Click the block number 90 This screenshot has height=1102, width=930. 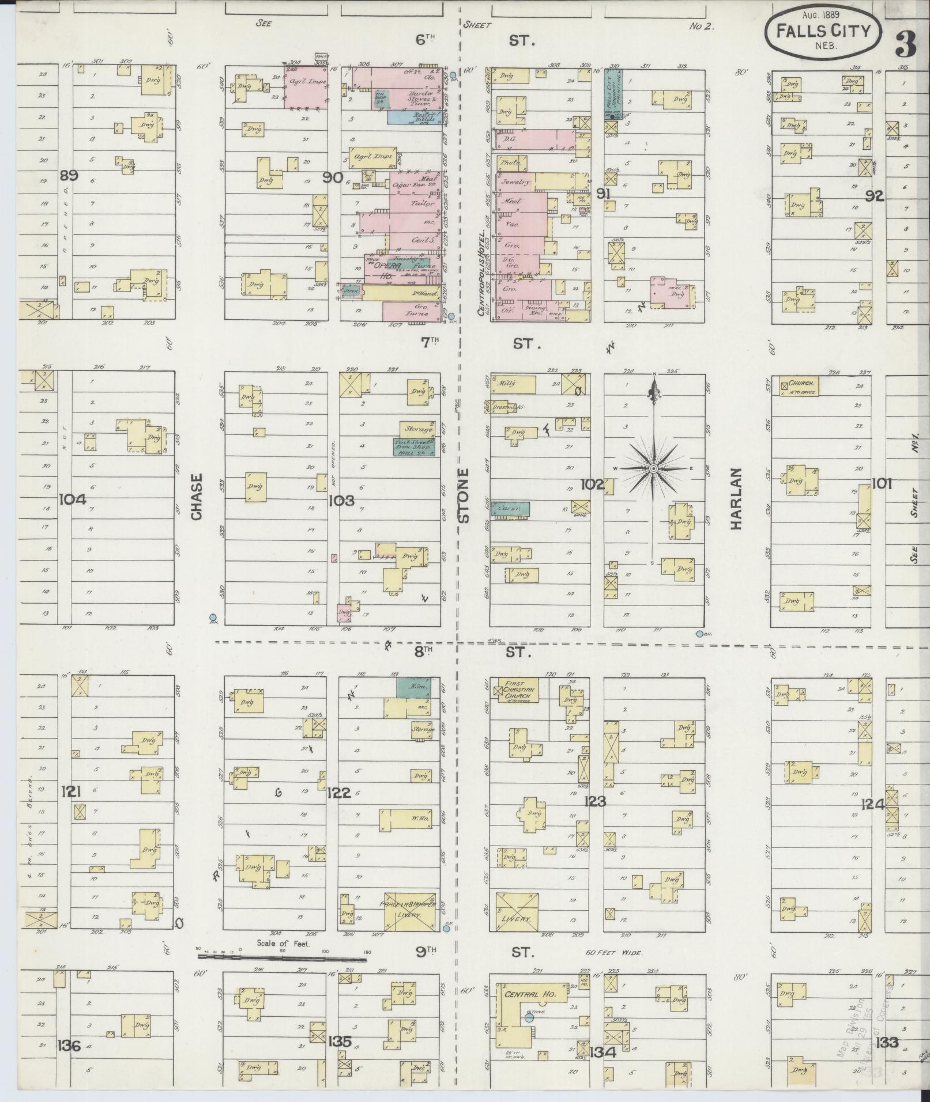click(333, 178)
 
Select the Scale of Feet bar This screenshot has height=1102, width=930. click(282, 958)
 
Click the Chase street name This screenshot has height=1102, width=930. click(197, 497)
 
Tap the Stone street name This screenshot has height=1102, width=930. click(464, 496)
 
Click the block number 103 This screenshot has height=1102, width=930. click(341, 501)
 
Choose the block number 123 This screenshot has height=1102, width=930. click(594, 801)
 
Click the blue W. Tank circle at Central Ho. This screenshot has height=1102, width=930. click(529, 1018)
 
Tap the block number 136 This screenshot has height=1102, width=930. click(69, 1044)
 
